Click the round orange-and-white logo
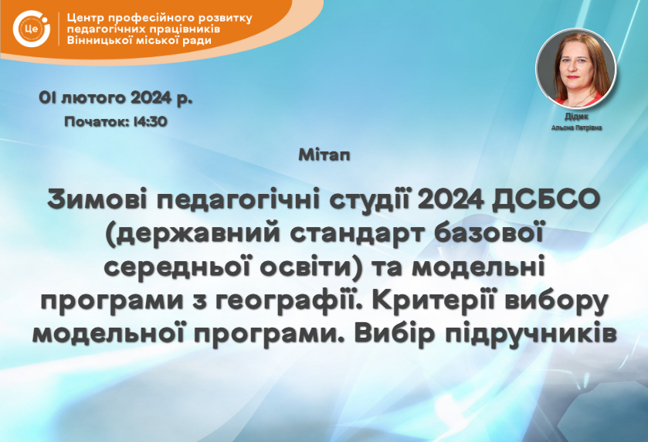coord(32,29)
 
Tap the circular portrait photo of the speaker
coord(575,68)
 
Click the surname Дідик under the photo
coord(576,117)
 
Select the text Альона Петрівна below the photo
coord(576,127)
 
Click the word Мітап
coord(324,155)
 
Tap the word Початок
coord(97,121)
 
